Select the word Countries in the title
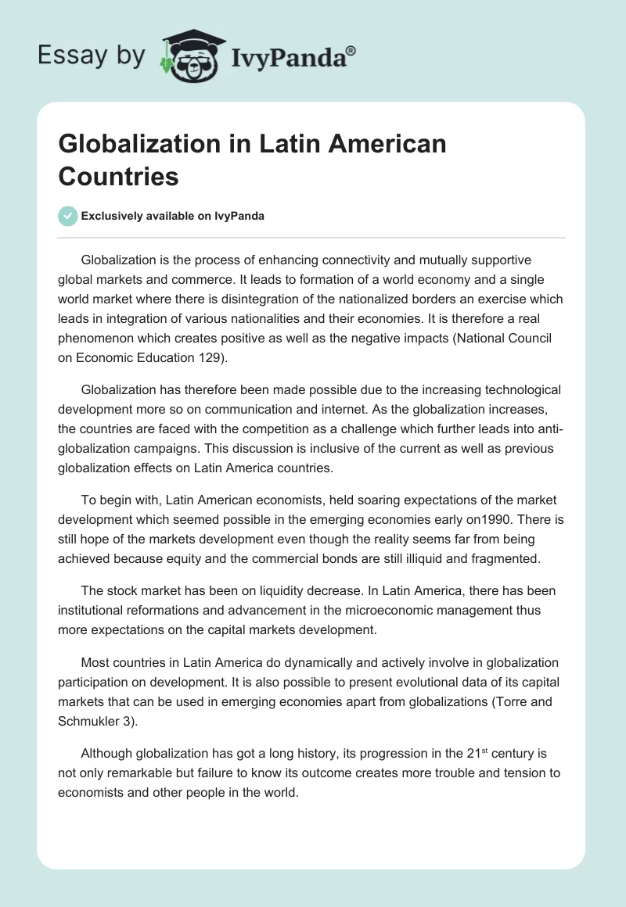(x=119, y=176)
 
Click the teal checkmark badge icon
(x=68, y=216)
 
